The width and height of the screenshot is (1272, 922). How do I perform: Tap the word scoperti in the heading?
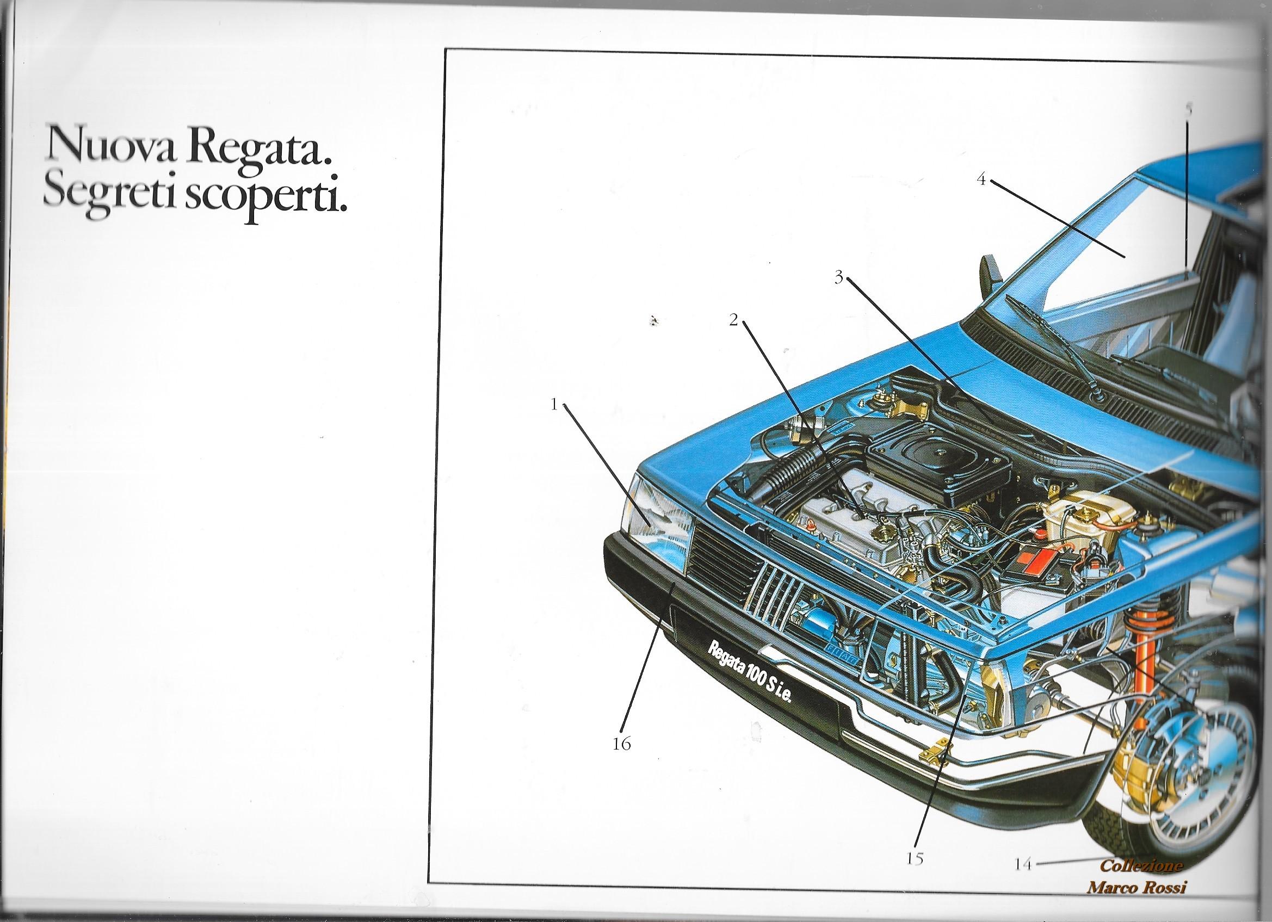(x=264, y=206)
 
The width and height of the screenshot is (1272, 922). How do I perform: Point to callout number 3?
(x=839, y=277)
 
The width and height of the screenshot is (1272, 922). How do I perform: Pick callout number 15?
(x=915, y=858)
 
